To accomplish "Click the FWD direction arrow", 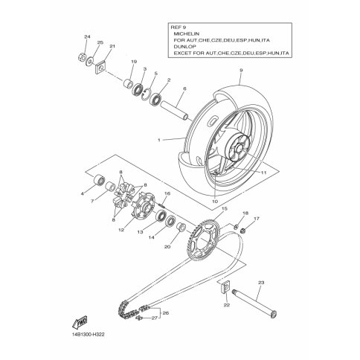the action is tap(80, 321).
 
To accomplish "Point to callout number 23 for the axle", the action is tap(261, 283).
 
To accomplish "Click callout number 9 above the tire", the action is tap(241, 70).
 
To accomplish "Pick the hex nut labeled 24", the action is tap(82, 57).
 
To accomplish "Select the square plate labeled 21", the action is tap(100, 68).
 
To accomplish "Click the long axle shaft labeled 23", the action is tap(254, 304).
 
